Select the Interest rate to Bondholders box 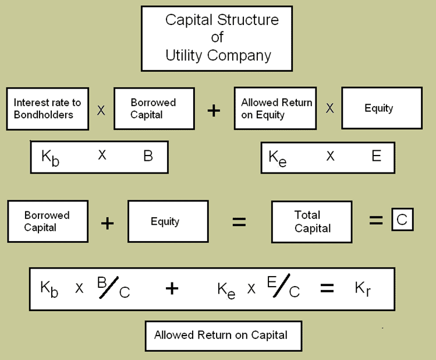coord(47,108)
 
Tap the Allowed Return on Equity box coord(277,108)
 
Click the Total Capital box coord(311,221)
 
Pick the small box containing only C coord(401,221)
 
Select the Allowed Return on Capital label coord(221,335)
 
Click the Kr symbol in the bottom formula coord(362,287)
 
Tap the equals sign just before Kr coord(327,288)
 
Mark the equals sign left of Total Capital coord(239,222)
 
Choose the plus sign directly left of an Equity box coord(108,222)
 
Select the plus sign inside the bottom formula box coord(172,288)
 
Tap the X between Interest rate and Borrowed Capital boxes coord(101,110)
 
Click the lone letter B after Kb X coord(148,156)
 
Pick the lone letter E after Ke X coord(376,156)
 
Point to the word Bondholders coord(44,114)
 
